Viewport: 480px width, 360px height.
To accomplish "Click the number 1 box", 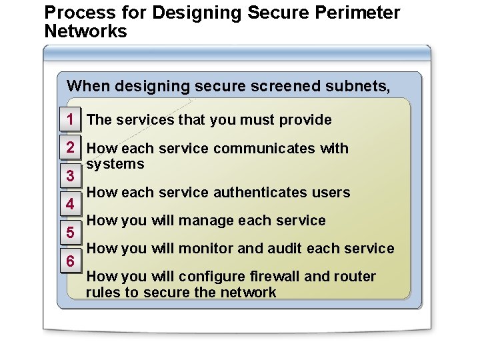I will [x=70, y=120].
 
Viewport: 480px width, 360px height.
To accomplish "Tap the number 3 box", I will [x=70, y=177].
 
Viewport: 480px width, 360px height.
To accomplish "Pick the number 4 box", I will [x=70, y=205].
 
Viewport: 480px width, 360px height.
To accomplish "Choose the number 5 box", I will [x=70, y=233].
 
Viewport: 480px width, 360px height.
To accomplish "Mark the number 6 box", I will [x=70, y=262].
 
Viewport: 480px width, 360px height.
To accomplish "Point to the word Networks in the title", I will [x=85, y=31].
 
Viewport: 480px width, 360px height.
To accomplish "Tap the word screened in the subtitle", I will [x=270, y=85].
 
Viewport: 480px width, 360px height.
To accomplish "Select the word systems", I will [x=115, y=164].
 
